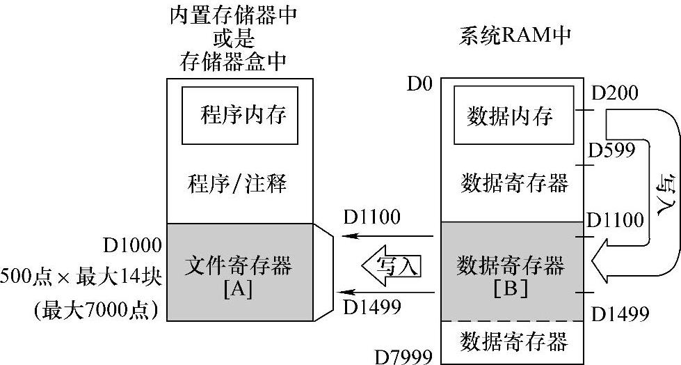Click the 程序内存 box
tap(240, 115)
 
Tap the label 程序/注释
tap(237, 185)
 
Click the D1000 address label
tap(133, 246)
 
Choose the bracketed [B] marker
tap(509, 286)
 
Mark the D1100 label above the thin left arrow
tap(371, 217)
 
